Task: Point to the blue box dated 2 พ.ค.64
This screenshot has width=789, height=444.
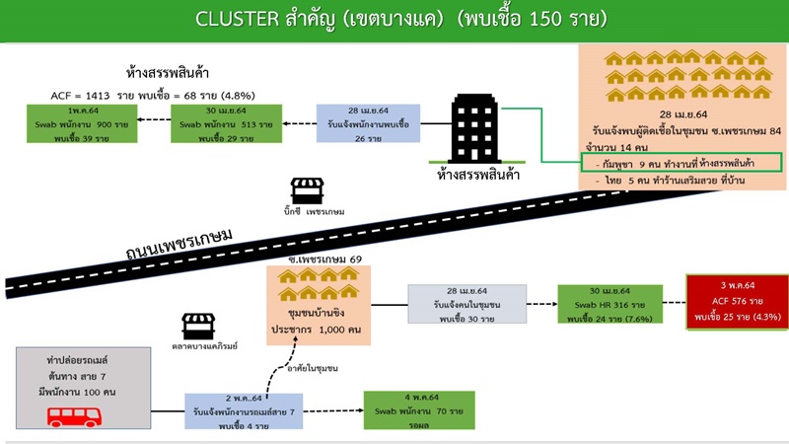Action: coord(244,409)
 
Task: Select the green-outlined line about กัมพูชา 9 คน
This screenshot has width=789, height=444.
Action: coord(680,162)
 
